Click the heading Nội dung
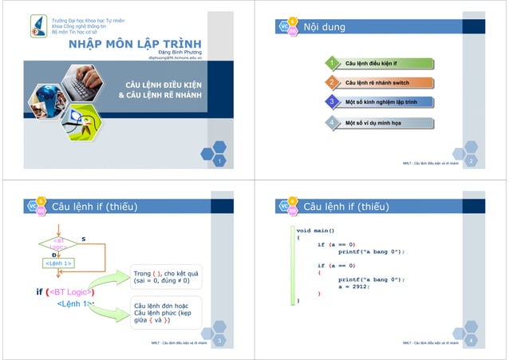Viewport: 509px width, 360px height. click(x=324, y=27)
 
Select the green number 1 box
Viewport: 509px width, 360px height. click(x=329, y=62)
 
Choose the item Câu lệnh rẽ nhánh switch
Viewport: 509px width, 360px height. click(x=377, y=83)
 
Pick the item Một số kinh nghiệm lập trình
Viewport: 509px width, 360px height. click(x=381, y=103)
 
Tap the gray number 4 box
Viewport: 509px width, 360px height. click(x=329, y=123)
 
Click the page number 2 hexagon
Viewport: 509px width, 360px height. click(x=471, y=162)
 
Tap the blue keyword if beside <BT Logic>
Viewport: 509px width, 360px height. click(x=40, y=291)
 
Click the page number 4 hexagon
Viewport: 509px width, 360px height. click(x=471, y=342)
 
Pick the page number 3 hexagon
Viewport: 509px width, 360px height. click(x=219, y=342)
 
